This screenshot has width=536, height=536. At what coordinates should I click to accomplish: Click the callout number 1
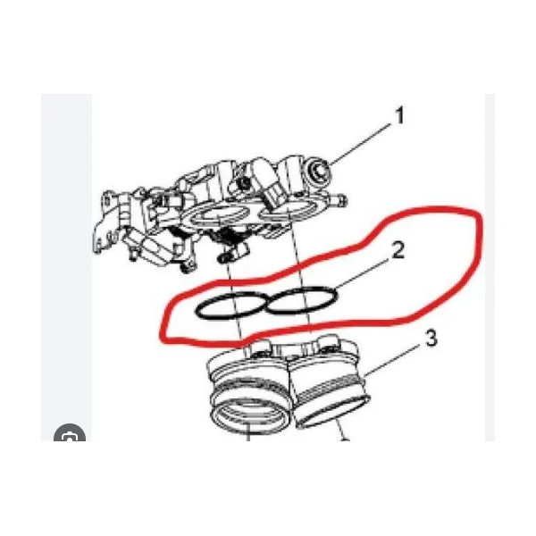(x=399, y=116)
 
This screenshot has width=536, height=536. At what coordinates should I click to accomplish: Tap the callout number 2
(x=398, y=250)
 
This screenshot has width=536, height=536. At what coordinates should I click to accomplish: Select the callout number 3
(x=431, y=338)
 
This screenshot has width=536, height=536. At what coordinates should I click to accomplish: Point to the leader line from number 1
(x=360, y=143)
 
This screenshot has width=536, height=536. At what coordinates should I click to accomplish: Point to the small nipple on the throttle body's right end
(x=340, y=198)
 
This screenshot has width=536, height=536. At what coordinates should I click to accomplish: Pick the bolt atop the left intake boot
(x=259, y=347)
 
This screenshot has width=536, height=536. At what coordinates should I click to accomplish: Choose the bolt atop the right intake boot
(x=328, y=343)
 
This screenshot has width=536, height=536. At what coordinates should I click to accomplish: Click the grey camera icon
(x=70, y=432)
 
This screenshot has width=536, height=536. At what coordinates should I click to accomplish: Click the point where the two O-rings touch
(x=266, y=304)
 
